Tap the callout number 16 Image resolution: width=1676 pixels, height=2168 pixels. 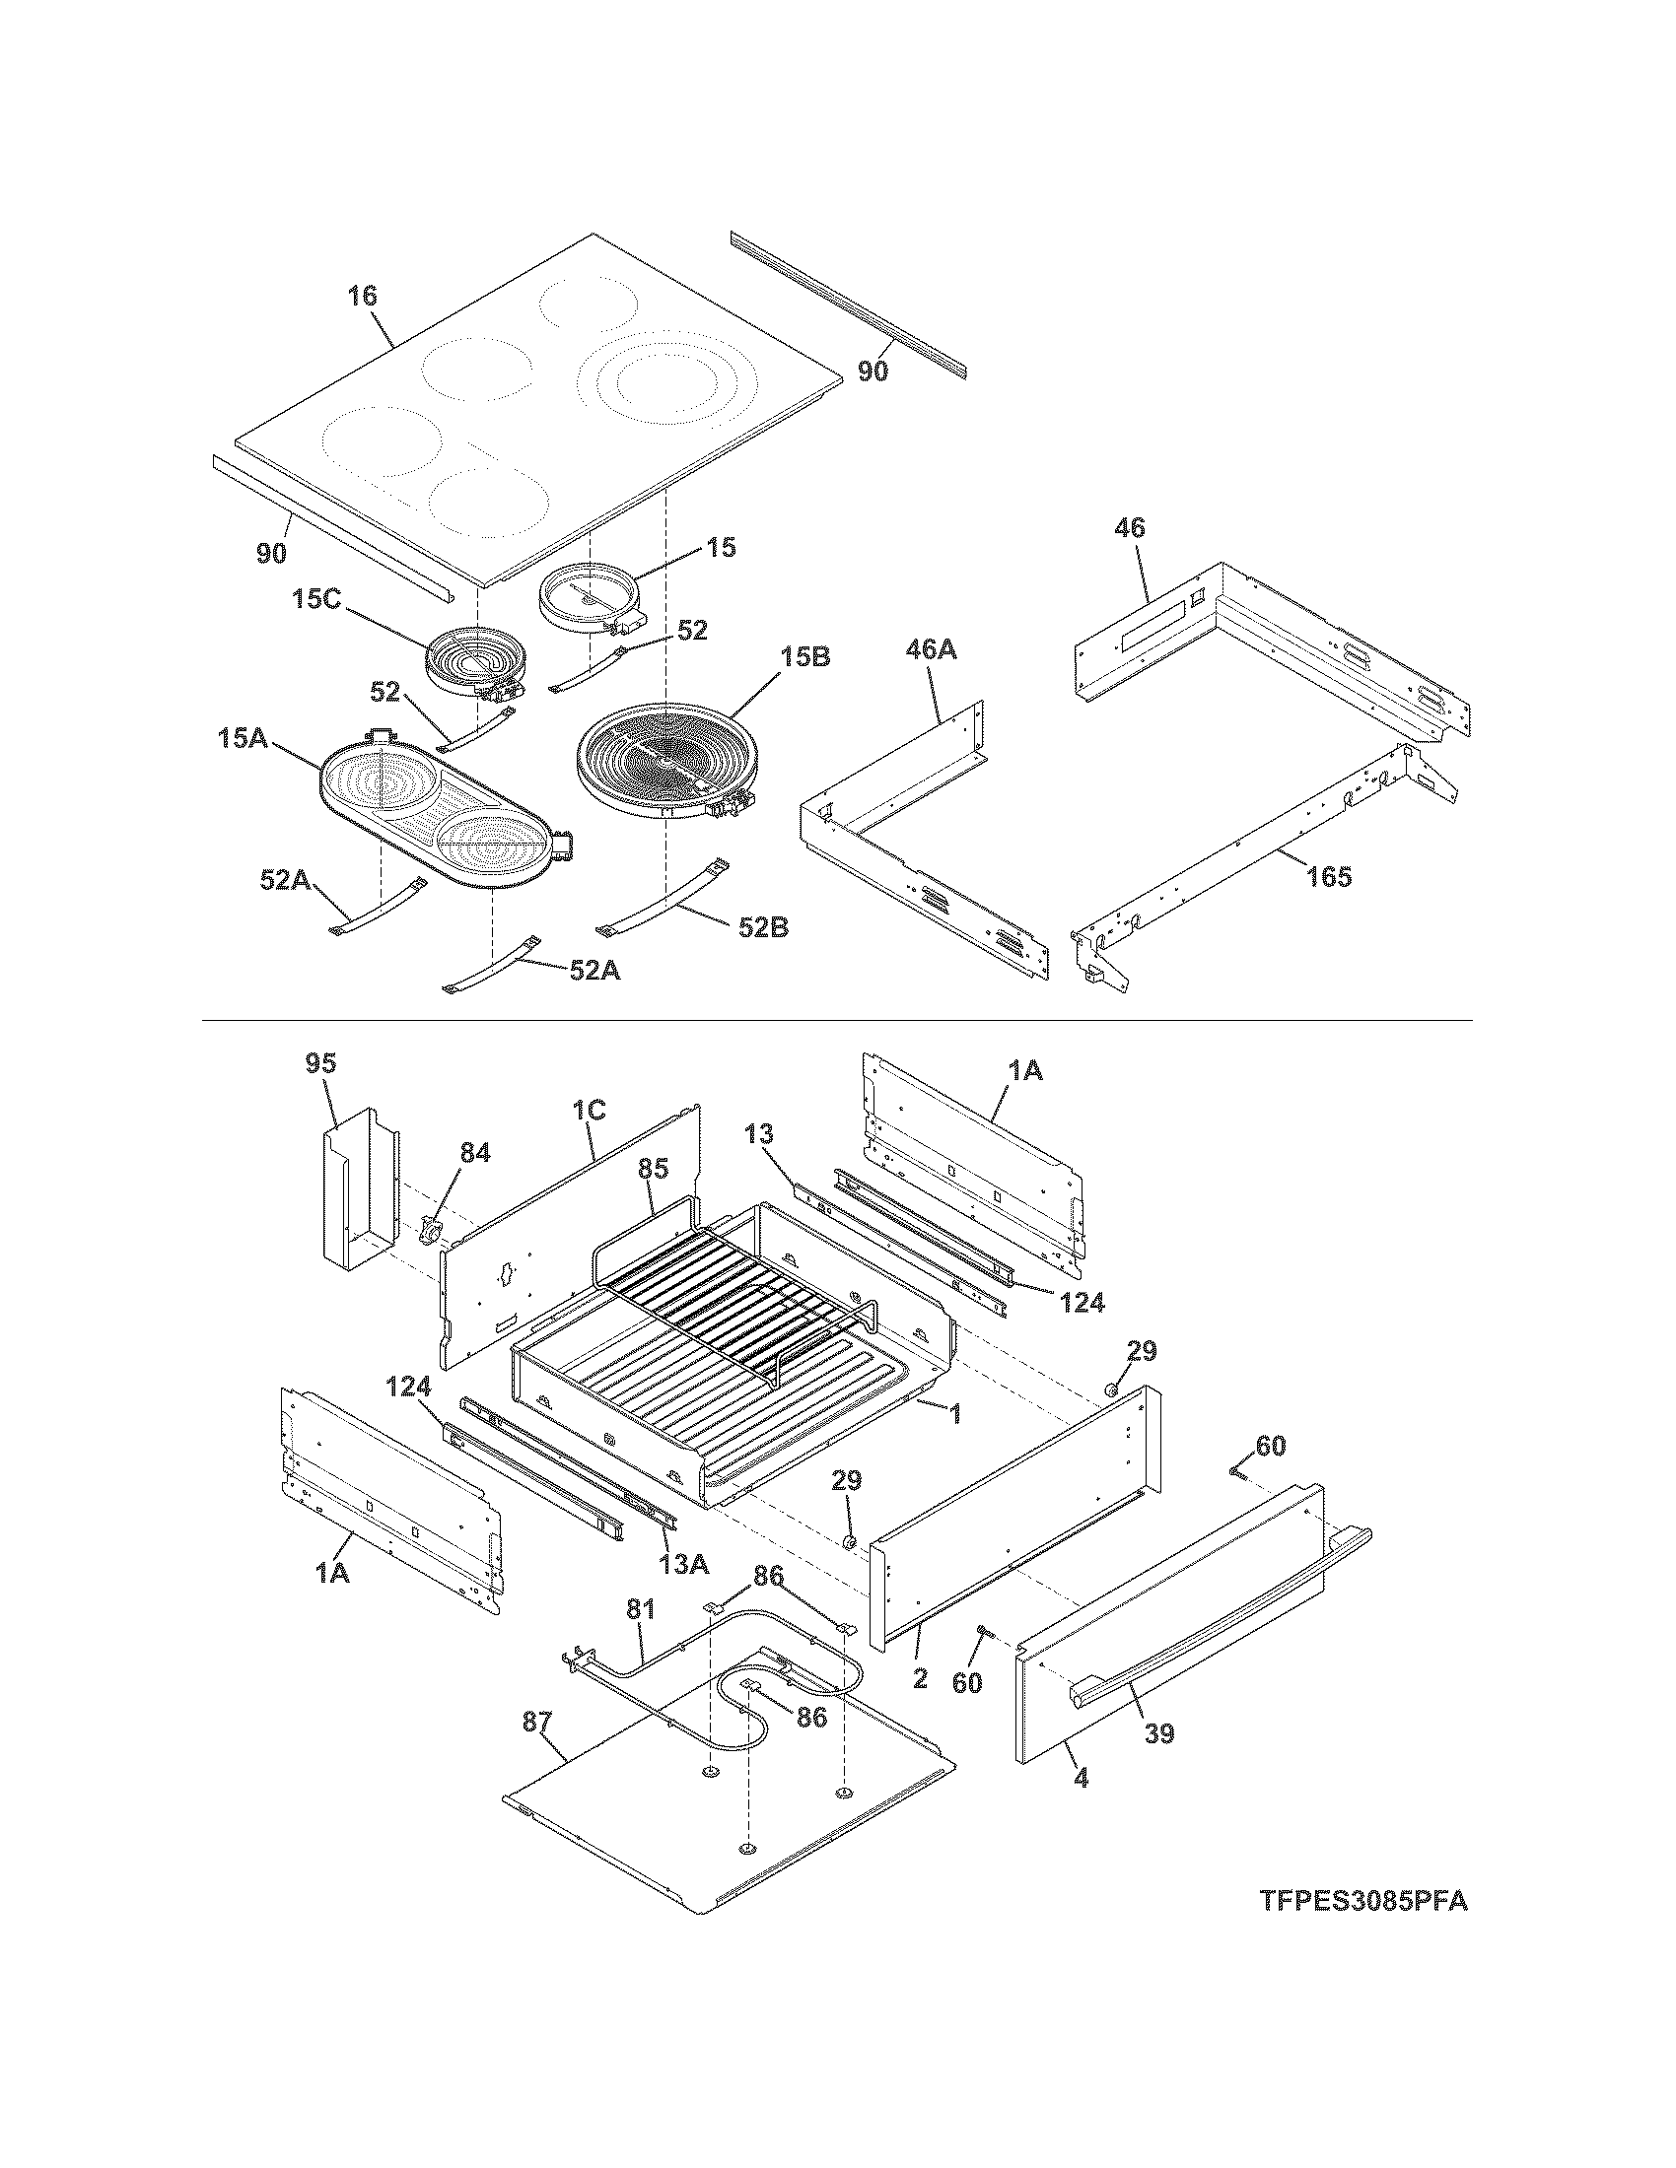[x=363, y=295]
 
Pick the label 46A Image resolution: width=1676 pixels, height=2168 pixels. [x=931, y=650]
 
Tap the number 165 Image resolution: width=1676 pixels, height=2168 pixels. [x=1330, y=876]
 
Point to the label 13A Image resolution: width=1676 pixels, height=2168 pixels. [x=684, y=1565]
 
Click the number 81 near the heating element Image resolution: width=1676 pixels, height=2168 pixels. [x=641, y=1608]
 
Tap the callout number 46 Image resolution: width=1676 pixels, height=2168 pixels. [x=1130, y=527]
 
